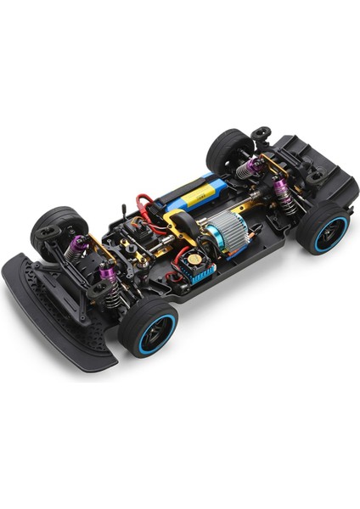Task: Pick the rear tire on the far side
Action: coord(228,150)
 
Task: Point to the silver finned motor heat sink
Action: coord(222,230)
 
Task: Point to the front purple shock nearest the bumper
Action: coord(109,277)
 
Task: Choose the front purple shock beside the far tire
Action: coord(79,247)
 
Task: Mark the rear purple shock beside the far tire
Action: coord(250,166)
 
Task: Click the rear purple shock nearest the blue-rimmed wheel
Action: coord(283,194)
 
